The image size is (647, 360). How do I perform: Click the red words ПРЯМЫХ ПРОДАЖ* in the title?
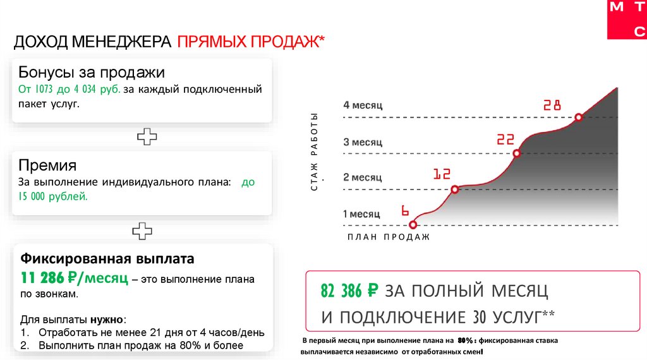251,42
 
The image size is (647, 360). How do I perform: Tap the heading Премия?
47,165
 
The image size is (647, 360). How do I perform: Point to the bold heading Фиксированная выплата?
108,259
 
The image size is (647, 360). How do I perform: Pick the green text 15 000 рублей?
49,196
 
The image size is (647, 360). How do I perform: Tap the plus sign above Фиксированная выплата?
142,231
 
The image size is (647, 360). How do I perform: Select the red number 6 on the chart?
406,211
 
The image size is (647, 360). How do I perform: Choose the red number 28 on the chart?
552,105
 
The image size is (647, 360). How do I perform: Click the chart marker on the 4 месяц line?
578,117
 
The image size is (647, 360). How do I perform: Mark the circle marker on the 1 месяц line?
413,224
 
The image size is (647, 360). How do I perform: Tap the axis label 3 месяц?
363,142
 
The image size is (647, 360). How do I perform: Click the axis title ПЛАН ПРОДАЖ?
389,237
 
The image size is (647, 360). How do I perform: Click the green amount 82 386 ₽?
349,291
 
